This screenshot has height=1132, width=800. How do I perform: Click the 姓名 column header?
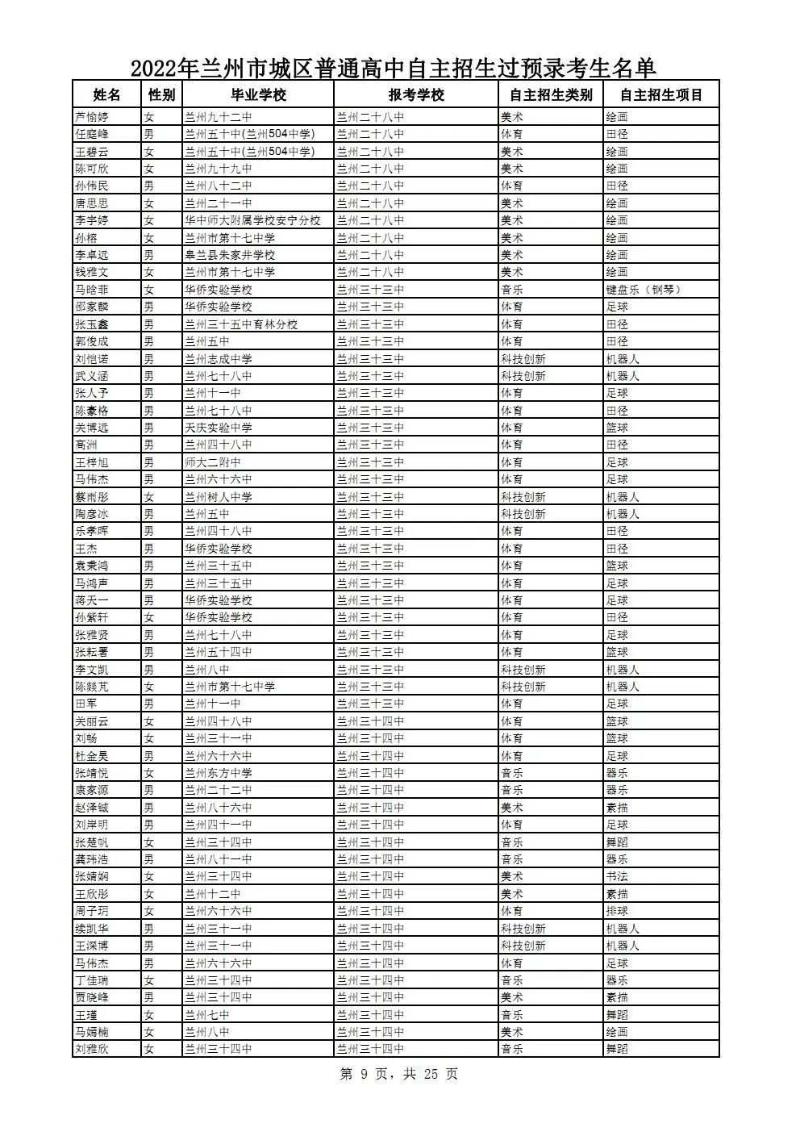[x=106, y=94]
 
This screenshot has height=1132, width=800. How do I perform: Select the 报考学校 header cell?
[x=416, y=94]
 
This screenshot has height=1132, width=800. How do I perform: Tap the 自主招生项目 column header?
[x=661, y=94]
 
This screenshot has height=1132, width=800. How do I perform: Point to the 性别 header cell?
[x=161, y=94]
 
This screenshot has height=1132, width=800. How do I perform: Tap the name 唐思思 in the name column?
[x=92, y=203]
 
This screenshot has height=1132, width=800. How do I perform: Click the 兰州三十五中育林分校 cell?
[x=241, y=324]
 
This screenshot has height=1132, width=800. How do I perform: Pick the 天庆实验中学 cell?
[x=219, y=428]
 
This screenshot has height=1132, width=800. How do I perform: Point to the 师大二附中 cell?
[x=213, y=462]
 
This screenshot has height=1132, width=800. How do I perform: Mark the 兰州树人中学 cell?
[x=219, y=497]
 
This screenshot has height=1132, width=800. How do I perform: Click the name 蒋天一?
[x=92, y=600]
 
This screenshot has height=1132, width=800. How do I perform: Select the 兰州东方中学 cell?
[x=219, y=773]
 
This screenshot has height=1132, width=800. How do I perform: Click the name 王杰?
[x=86, y=549]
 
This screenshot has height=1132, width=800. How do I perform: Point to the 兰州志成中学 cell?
[x=219, y=358]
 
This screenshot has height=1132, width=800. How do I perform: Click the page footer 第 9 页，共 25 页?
[x=399, y=1074]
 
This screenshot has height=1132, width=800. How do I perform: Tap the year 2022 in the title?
[x=153, y=67]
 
